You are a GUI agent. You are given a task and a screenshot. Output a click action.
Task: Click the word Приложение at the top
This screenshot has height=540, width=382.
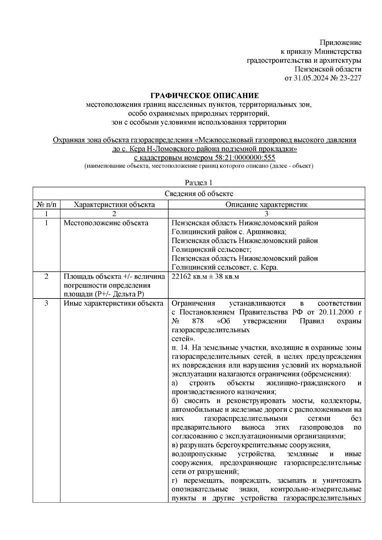[341, 43]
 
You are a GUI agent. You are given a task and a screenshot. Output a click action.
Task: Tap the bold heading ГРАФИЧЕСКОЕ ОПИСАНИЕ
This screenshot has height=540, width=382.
[204, 96]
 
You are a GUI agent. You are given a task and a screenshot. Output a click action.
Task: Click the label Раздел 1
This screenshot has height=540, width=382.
[199, 183]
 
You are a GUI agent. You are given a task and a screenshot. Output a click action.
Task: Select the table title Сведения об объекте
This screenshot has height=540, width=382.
[199, 194]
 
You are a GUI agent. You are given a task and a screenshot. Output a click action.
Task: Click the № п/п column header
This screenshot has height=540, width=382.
[46, 205]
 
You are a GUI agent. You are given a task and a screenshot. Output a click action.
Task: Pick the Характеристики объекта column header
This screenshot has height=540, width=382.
[114, 205]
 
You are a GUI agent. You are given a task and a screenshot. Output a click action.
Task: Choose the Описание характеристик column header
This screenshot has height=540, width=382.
[266, 205]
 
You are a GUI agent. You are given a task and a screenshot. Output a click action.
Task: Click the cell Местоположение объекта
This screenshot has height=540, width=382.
[106, 223]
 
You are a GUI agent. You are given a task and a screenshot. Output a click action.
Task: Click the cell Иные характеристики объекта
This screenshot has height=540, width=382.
[113, 303]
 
